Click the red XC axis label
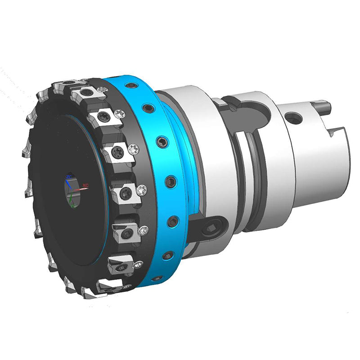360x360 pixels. (85, 185)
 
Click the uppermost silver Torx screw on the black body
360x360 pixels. (105, 90)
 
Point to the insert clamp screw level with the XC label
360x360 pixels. (127, 193)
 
